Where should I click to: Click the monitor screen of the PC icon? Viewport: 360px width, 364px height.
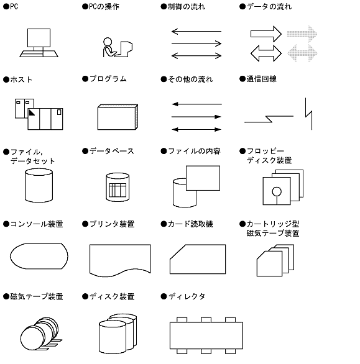point(39,38)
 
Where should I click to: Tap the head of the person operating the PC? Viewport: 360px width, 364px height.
point(108,42)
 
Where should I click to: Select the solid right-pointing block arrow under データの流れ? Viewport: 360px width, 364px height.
point(266,34)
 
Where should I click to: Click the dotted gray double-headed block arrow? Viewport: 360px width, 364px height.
point(302,53)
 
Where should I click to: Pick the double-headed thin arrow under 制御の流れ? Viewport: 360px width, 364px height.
point(196,56)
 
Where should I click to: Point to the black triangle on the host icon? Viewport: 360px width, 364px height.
point(31,112)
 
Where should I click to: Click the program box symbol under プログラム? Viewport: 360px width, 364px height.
point(118,117)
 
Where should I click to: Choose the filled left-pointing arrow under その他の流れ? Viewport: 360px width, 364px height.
point(196,104)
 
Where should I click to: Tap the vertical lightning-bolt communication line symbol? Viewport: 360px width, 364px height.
point(308,114)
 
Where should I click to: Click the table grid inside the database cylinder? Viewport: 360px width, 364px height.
point(118,190)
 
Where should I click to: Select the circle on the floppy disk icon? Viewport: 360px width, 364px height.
point(277,191)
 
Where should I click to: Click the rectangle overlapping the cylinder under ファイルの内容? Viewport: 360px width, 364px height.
point(203,178)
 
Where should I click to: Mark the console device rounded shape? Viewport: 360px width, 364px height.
point(39,256)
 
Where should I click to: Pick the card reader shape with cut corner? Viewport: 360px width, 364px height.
point(198,259)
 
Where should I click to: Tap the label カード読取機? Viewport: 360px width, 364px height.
point(190,224)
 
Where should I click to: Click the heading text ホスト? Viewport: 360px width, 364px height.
point(21,80)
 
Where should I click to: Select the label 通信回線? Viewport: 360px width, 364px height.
point(262,79)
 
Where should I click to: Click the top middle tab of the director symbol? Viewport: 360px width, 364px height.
point(206,320)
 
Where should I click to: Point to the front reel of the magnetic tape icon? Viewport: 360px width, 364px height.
point(32,338)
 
